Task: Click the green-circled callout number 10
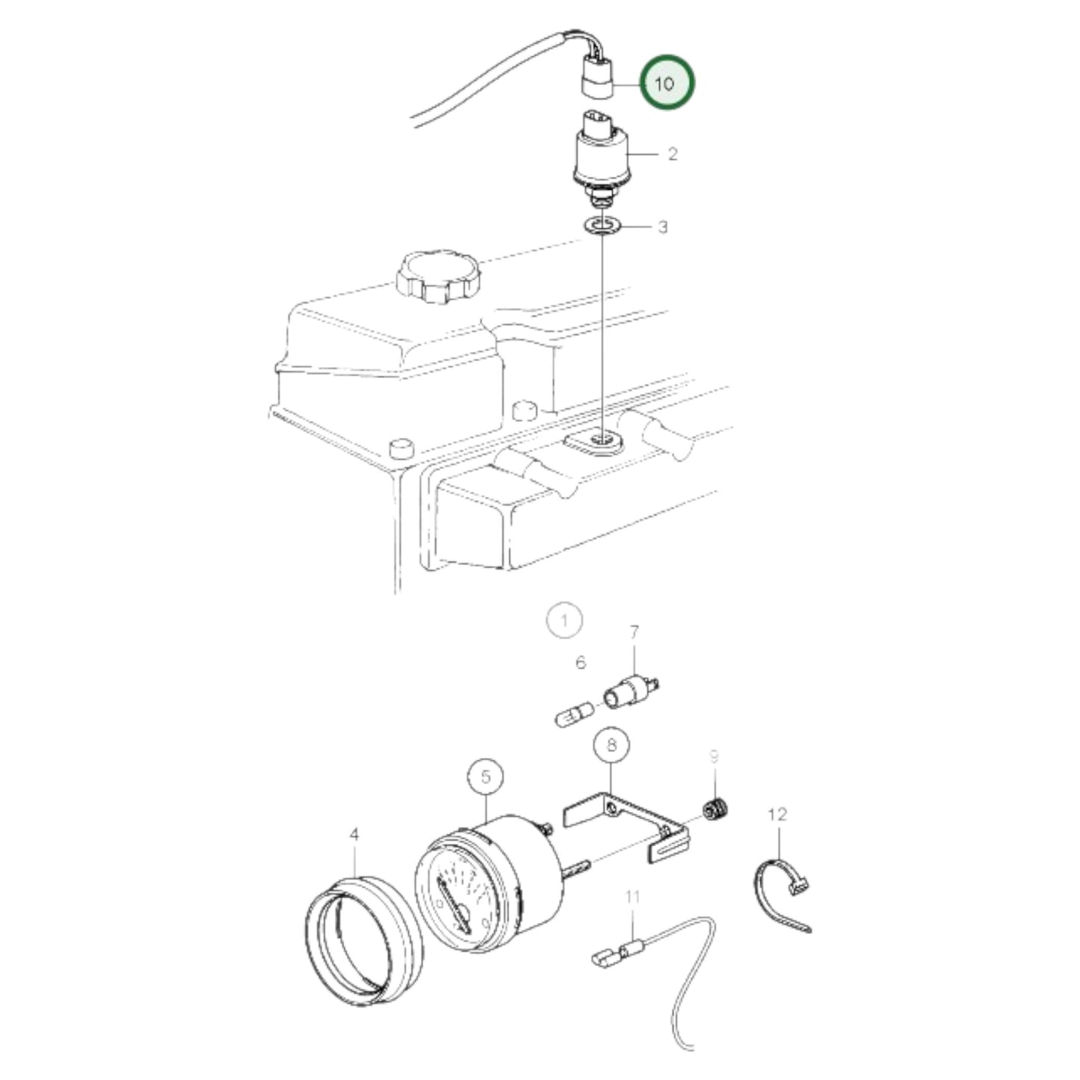[x=664, y=83]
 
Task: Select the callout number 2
[x=672, y=154]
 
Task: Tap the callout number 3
[x=662, y=226]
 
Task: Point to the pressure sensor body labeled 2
[x=602, y=158]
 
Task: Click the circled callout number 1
[x=564, y=620]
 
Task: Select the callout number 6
[x=581, y=662]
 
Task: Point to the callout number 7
[x=634, y=634]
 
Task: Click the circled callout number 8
[x=611, y=744]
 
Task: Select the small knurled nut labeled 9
[x=716, y=809]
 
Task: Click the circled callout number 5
[x=487, y=777]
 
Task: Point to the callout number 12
[x=777, y=814]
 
